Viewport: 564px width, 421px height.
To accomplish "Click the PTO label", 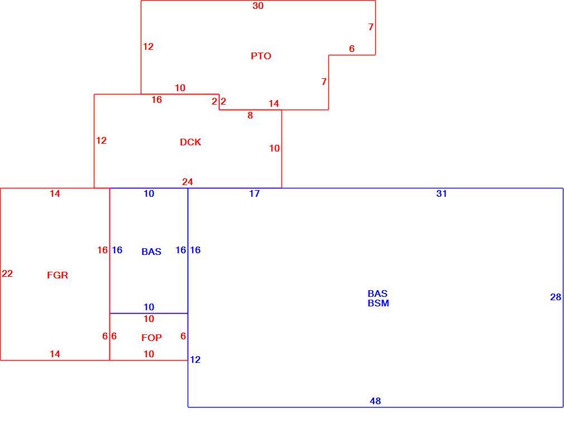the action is coord(261,56).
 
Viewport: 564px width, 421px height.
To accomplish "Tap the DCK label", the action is coord(190,142).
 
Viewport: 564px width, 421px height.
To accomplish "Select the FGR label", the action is coord(57,275).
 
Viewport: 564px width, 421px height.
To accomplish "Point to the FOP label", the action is coord(151,338).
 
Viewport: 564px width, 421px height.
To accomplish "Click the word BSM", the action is coord(378,303).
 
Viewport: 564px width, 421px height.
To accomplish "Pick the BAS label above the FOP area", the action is coord(151,252).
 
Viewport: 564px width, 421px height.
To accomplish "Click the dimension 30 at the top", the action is coord(258,6).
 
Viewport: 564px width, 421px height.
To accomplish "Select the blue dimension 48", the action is coord(375,401).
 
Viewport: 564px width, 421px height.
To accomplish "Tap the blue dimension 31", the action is coord(441,194).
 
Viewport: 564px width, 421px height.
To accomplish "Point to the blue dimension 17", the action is coord(254,194).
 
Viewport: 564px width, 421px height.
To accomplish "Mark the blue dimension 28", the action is coord(556,297).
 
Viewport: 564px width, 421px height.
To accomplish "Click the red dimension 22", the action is coord(7,274).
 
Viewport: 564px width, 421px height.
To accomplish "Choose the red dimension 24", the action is coord(188,182).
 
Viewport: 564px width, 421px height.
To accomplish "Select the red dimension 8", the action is coord(250,116).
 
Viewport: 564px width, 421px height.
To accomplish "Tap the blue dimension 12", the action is coord(195,359).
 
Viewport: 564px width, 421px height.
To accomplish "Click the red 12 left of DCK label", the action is coord(101,140).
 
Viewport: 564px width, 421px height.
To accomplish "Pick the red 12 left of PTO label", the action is coord(148,46).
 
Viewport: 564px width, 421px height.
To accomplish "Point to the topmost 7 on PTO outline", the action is coord(370,27).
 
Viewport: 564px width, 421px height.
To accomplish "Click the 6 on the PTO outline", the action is coord(351,49).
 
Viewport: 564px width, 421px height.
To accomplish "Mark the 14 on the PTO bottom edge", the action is coord(274,104).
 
